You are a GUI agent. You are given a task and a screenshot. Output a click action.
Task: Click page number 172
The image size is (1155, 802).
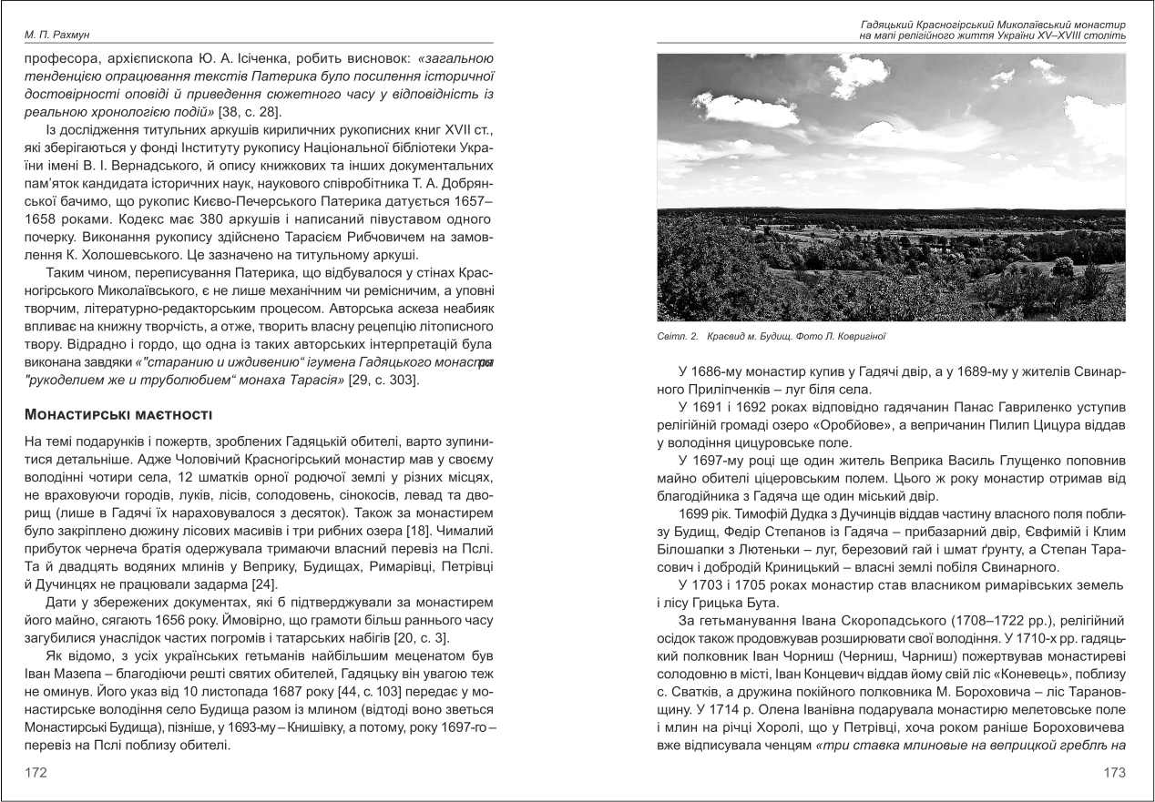point(37,772)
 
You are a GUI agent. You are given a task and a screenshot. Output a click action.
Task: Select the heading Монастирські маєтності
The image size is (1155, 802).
point(118,416)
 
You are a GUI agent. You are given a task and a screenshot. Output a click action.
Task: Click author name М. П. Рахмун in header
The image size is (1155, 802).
point(55,35)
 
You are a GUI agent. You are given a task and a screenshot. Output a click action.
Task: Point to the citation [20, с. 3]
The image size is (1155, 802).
point(400,642)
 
